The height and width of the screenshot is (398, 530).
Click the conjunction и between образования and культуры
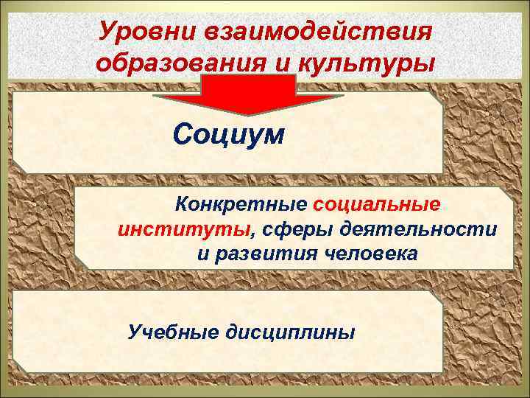click(x=286, y=63)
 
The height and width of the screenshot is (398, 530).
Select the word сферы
click(x=295, y=229)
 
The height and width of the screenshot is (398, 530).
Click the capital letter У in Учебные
click(x=134, y=332)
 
